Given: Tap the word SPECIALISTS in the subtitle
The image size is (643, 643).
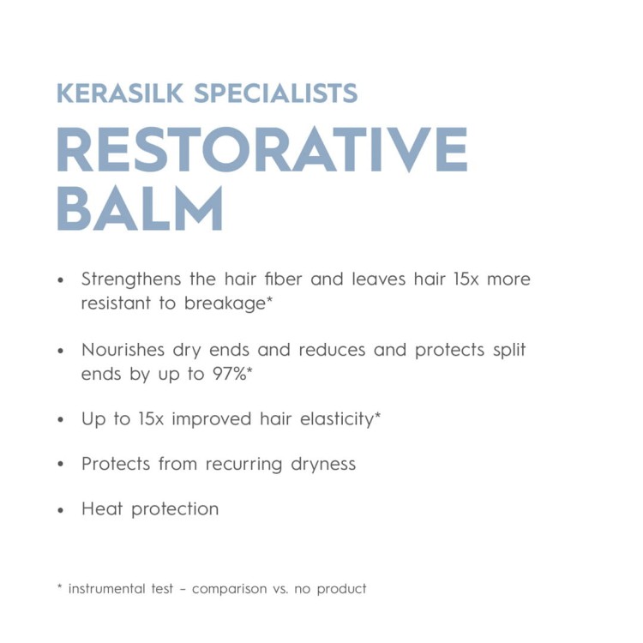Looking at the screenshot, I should pyautogui.click(x=276, y=93).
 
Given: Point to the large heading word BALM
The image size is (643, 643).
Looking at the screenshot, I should pyautogui.click(x=141, y=208).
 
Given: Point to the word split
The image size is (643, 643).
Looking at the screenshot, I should pyautogui.click(x=507, y=350).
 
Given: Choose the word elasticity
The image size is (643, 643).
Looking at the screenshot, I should pyautogui.click(x=331, y=419).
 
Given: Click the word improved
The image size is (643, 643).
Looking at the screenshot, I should pyautogui.click(x=214, y=419).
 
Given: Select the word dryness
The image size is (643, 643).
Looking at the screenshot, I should pyautogui.click(x=322, y=464).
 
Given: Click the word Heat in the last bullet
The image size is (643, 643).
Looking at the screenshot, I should pyautogui.click(x=101, y=508).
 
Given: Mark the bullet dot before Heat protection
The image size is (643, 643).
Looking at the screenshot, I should pyautogui.click(x=61, y=510).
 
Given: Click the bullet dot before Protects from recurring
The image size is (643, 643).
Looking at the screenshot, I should pyautogui.click(x=61, y=466).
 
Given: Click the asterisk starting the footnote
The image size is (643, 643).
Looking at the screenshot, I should pyautogui.click(x=59, y=587).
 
